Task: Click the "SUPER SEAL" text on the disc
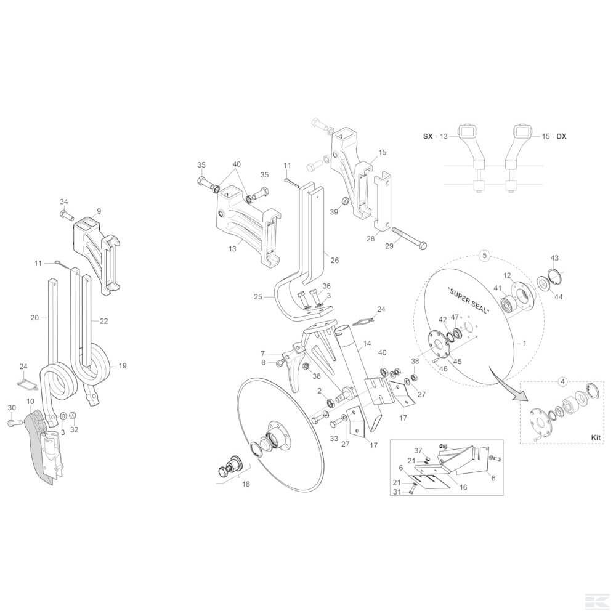[469, 301]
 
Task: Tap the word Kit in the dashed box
[596, 437]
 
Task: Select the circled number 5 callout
[484, 256]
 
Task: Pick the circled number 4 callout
[562, 381]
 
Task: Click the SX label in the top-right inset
[428, 136]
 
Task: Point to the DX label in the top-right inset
[562, 136]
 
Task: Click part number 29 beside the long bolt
[389, 246]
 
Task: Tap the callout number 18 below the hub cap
[246, 484]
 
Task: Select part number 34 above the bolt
[63, 201]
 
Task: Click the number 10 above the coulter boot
[30, 401]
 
